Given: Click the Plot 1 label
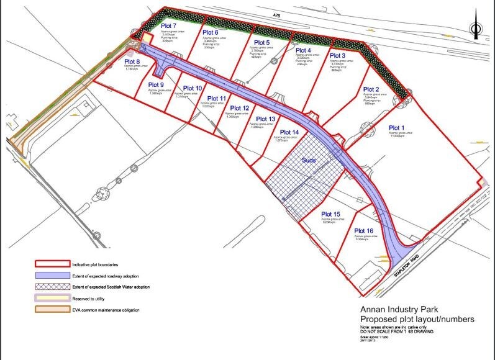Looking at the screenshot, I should click(x=397, y=128).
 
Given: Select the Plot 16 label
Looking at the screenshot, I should click(x=364, y=232).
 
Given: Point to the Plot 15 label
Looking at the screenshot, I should click(x=331, y=214).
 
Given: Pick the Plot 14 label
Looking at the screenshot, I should click(x=289, y=132).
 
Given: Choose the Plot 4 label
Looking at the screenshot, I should click(x=304, y=50).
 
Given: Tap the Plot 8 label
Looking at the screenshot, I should click(x=132, y=61).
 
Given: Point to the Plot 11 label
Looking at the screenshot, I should click(x=216, y=99).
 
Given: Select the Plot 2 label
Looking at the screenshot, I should click(x=371, y=89).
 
